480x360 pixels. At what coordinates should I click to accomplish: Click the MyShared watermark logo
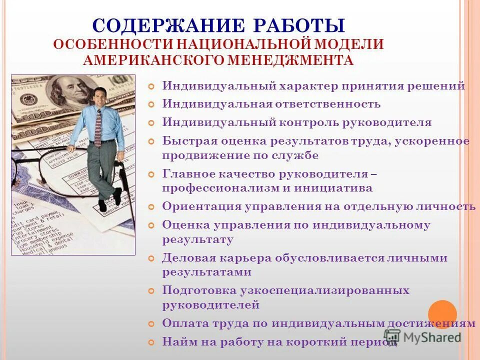click(x=422, y=336)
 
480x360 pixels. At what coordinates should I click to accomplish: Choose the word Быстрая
click(x=186, y=141)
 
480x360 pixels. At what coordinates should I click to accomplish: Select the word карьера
click(x=242, y=258)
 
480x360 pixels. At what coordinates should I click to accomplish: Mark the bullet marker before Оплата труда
click(x=152, y=324)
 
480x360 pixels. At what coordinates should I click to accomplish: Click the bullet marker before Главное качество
click(x=152, y=174)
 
